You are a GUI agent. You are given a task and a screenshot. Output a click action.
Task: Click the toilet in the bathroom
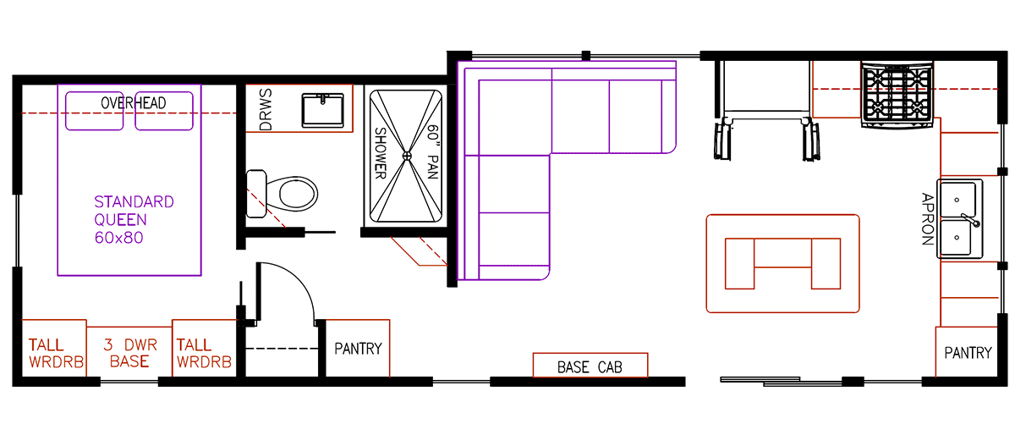(x=288, y=192)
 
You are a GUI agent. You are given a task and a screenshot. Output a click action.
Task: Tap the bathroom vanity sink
(x=322, y=110)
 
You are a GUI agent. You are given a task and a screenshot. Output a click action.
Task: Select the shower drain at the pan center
(x=406, y=155)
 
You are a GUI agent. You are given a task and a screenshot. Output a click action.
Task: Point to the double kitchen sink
(x=959, y=218)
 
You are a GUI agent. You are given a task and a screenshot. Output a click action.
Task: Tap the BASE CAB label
(x=590, y=367)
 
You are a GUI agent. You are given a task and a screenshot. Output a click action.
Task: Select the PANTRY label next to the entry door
(x=358, y=349)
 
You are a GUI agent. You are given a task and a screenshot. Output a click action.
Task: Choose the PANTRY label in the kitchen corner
(x=967, y=352)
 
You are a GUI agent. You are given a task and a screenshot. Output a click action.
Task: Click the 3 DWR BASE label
(x=129, y=354)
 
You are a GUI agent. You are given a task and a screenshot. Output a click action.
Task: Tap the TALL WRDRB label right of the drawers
(x=204, y=354)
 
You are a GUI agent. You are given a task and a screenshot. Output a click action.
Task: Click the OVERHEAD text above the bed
(x=133, y=102)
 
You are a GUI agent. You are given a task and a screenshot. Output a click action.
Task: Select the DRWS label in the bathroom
(x=265, y=109)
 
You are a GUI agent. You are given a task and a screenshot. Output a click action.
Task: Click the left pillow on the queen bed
(x=96, y=110)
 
